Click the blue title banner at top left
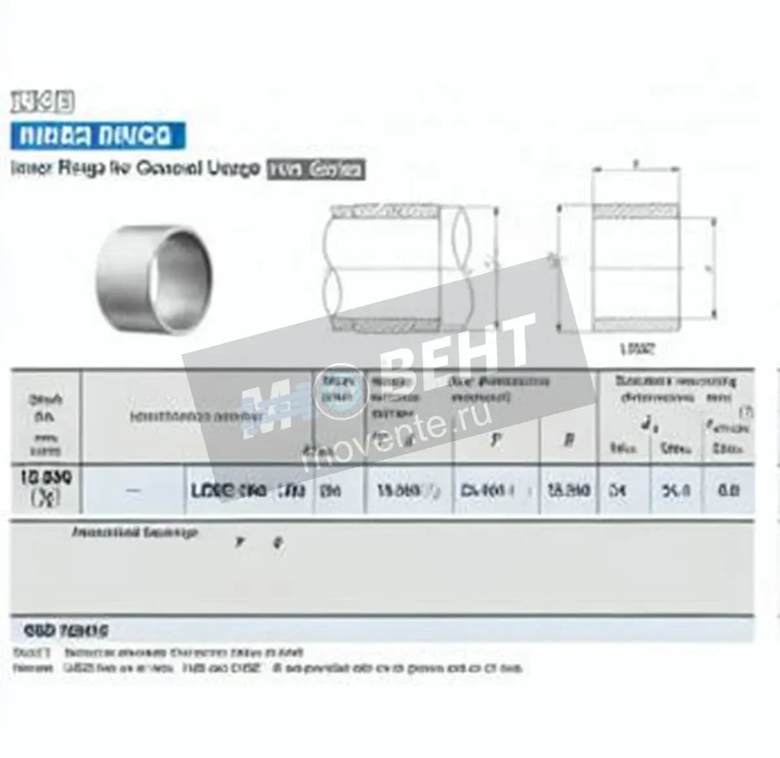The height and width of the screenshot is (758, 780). [x=98, y=135]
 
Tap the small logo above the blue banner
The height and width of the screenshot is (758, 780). [x=43, y=102]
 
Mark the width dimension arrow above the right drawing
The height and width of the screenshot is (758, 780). [x=638, y=169]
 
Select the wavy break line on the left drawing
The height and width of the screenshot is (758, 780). [x=467, y=267]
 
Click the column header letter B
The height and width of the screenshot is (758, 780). [x=568, y=440]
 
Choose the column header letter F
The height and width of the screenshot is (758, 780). [x=497, y=440]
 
